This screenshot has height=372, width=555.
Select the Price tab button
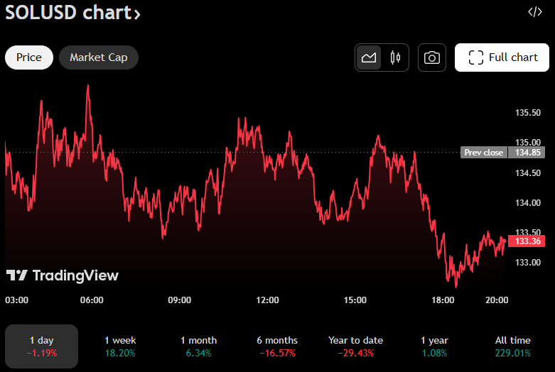coord(29,58)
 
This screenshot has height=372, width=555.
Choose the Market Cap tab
coord(99,58)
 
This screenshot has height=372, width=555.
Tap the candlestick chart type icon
coord(395,58)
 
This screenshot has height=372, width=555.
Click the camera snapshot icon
coord(431,58)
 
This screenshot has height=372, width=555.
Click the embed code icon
coord(534,12)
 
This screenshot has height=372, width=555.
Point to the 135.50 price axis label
coord(527,113)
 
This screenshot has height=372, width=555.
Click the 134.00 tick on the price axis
coord(527,203)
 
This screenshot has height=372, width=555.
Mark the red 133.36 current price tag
coord(527,241)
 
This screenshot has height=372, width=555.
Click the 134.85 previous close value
coord(528,152)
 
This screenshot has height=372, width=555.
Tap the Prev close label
coord(483,152)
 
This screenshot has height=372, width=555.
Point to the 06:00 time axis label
coord(92,300)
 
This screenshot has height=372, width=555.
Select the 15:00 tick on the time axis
coord(355,300)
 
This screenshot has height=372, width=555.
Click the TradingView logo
coord(63,275)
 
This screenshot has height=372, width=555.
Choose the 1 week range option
coord(120,346)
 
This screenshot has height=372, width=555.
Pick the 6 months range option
coord(277,346)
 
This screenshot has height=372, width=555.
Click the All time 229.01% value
coord(512,353)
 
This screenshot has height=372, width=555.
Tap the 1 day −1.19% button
coord(42,346)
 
